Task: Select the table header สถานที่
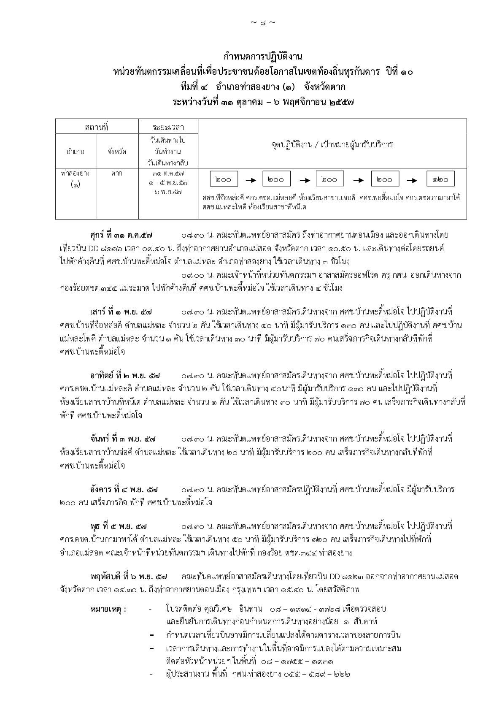pyautogui.click(x=97, y=127)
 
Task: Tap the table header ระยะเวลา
pyautogui.click(x=168, y=127)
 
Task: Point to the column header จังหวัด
pyautogui.click(x=117, y=151)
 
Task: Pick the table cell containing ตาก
pyautogui.click(x=117, y=173)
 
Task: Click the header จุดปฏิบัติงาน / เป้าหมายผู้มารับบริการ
pyautogui.click(x=332, y=144)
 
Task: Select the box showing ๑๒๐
pyautogui.click(x=440, y=179)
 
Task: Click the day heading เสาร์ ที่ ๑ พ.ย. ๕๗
pyautogui.click(x=121, y=312)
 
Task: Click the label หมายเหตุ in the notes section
pyautogui.click(x=108, y=609)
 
